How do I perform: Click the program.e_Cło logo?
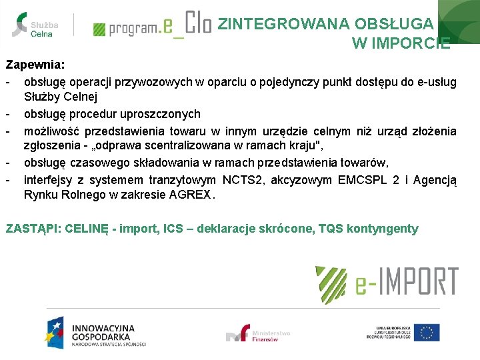[152, 26]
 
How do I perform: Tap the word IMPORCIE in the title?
[401, 44]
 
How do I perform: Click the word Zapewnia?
[35, 65]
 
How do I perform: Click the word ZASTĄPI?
[33, 229]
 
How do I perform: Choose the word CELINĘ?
[87, 229]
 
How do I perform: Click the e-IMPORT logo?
[387, 281]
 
